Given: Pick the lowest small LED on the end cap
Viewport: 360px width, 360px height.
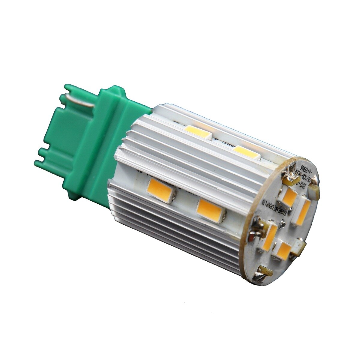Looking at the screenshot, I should [x=284, y=250].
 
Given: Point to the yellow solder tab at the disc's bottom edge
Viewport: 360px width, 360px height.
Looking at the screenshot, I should [x=265, y=271].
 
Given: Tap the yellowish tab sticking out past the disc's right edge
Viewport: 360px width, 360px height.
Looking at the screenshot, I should [x=314, y=189].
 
